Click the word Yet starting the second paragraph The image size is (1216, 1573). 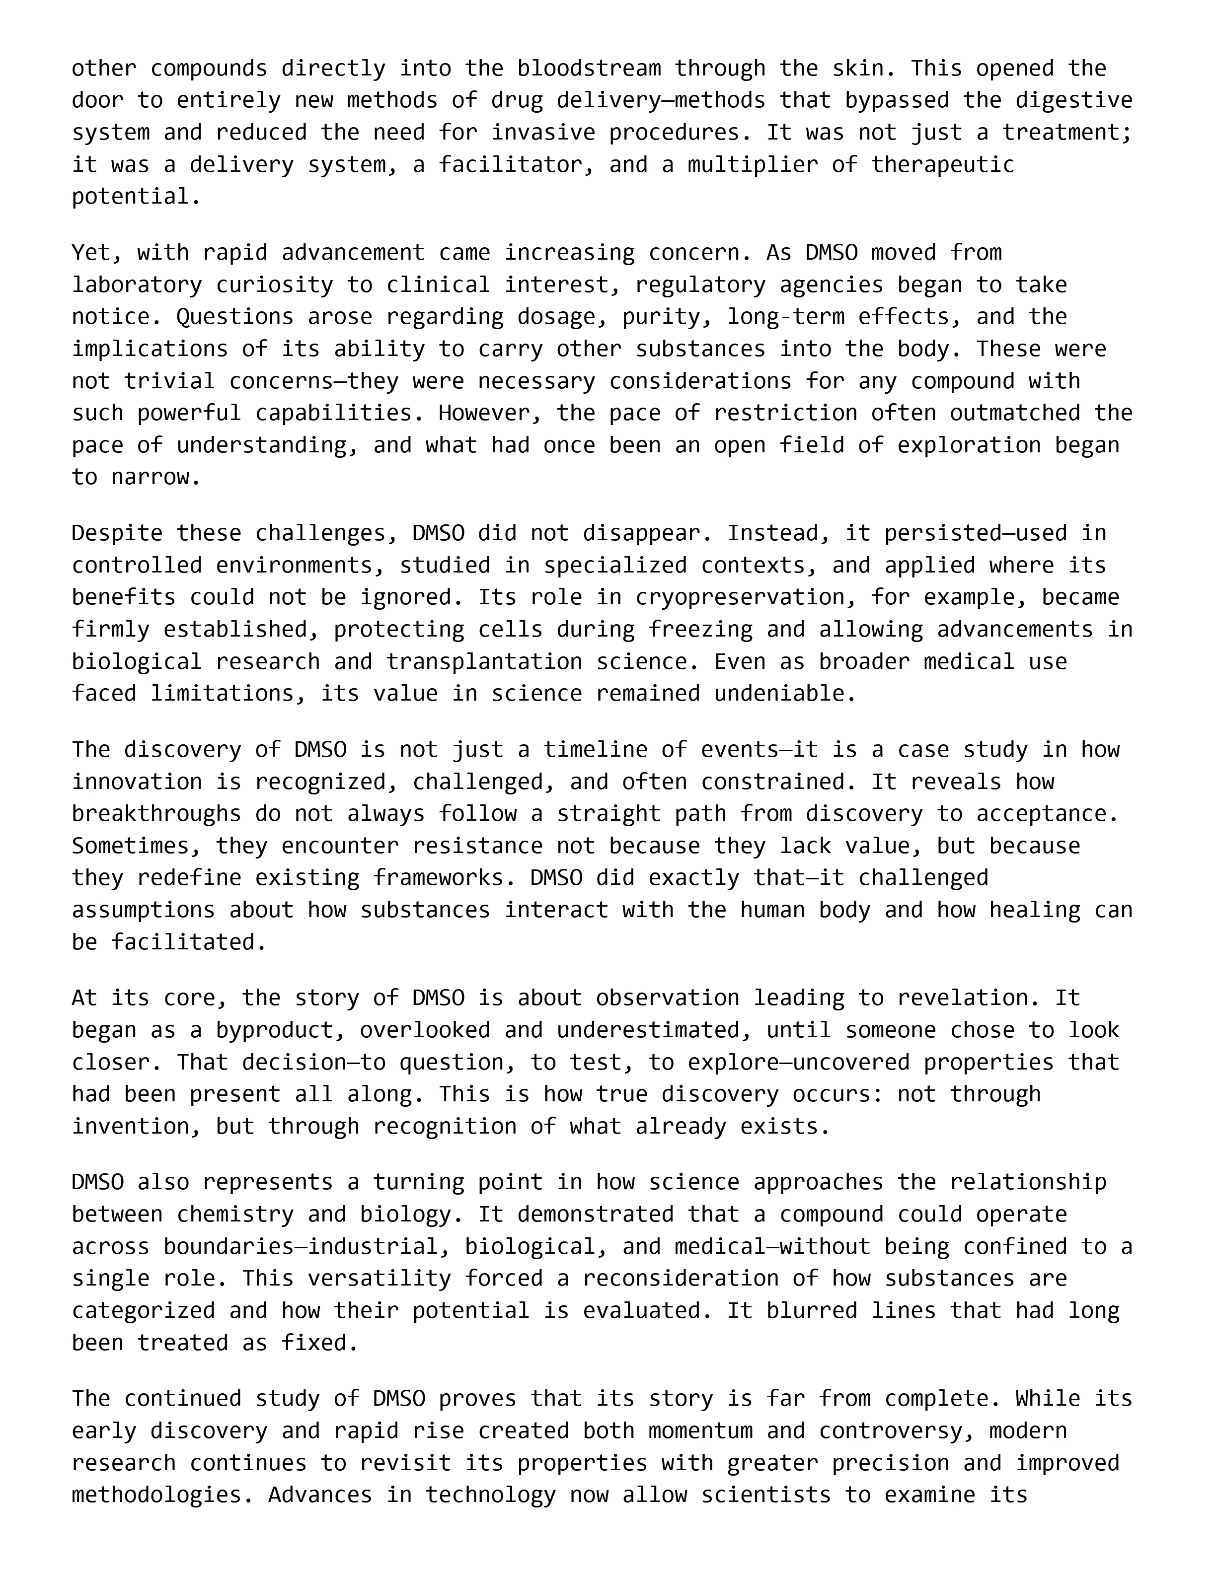91,253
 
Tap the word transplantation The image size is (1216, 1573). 484,662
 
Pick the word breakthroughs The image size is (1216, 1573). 156,814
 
